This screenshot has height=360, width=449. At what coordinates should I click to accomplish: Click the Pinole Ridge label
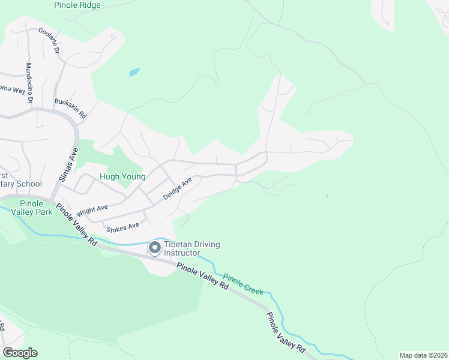click(77, 5)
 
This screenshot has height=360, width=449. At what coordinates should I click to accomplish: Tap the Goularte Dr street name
click(49, 41)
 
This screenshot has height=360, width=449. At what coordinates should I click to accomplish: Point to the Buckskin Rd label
click(71, 107)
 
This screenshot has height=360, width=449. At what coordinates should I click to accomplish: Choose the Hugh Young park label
click(122, 177)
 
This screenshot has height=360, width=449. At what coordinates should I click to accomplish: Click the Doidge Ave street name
click(178, 188)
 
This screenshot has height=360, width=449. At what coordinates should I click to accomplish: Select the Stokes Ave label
click(122, 227)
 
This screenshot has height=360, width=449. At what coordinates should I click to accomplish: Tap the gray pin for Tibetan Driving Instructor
click(154, 247)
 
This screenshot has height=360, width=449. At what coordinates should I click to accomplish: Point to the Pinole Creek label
click(243, 284)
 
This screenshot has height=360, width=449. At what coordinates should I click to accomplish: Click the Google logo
click(20, 353)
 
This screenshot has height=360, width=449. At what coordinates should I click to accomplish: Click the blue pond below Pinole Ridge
click(134, 73)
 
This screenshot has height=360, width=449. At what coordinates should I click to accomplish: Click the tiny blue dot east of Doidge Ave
click(327, 196)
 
